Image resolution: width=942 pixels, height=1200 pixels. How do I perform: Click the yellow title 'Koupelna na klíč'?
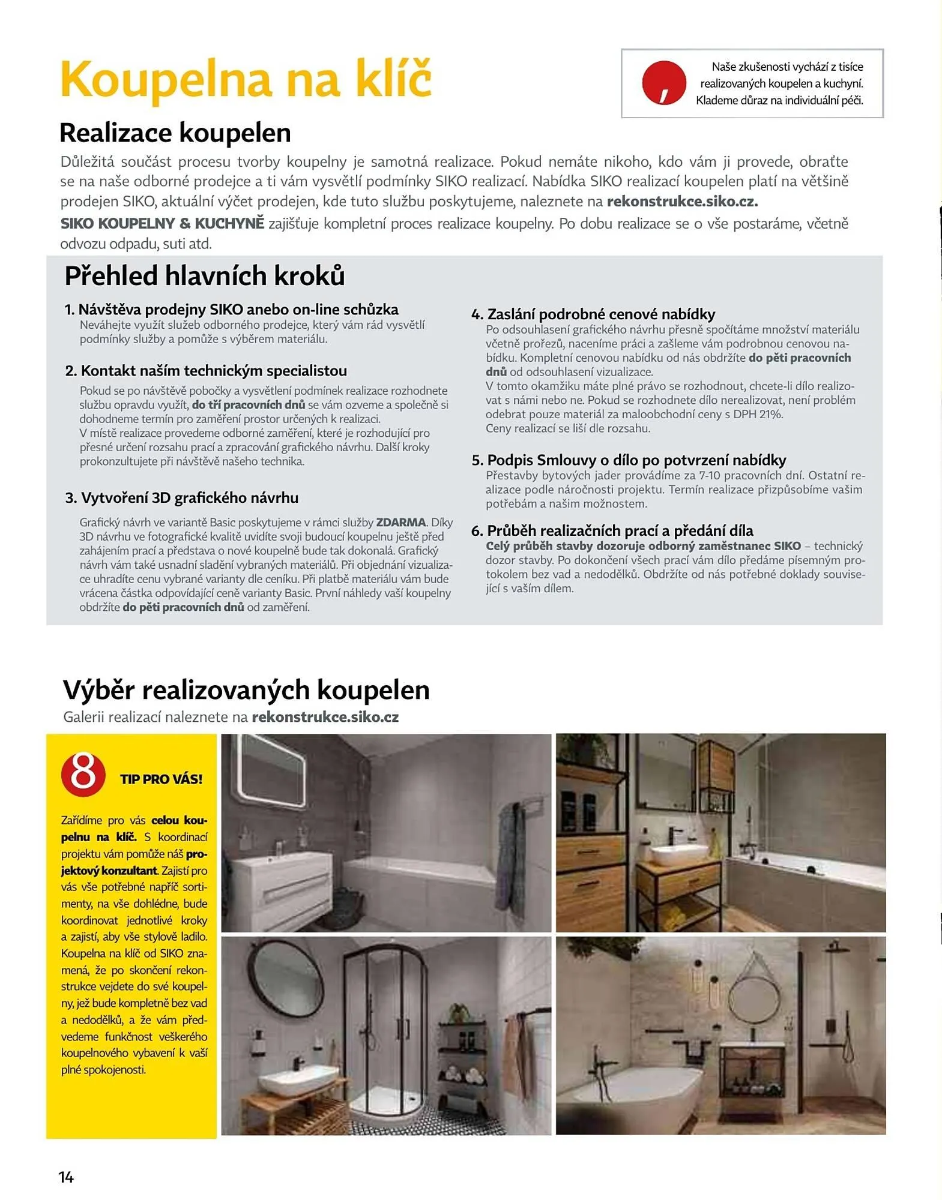coord(246,80)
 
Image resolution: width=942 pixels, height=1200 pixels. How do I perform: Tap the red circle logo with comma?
coord(663,83)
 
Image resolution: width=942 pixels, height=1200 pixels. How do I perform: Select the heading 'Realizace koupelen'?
coord(175,133)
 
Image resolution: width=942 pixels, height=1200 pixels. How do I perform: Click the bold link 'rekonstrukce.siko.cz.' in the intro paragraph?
coord(682,202)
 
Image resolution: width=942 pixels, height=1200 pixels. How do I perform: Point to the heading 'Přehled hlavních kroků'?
coord(205,276)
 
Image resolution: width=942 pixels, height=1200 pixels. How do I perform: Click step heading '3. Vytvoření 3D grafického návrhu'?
coord(182,497)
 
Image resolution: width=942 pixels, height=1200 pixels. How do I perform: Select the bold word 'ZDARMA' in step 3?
coord(400,522)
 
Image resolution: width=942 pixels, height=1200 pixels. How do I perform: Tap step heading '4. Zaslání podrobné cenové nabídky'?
coord(593,314)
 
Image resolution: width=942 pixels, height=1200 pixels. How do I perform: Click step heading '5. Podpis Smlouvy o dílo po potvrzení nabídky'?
coord(629,460)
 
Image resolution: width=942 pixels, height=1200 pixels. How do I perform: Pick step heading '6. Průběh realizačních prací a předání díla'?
coord(612,530)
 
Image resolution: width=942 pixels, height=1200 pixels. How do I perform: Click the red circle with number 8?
coord(83,774)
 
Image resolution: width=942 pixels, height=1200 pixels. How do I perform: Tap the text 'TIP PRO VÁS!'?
coord(161,779)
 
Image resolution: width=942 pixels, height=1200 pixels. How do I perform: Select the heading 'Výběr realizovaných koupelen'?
coord(246,690)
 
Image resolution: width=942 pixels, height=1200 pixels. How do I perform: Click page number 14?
coord(66,1177)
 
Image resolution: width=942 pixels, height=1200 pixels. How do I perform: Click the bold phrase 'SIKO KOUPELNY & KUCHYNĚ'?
coord(162,224)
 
